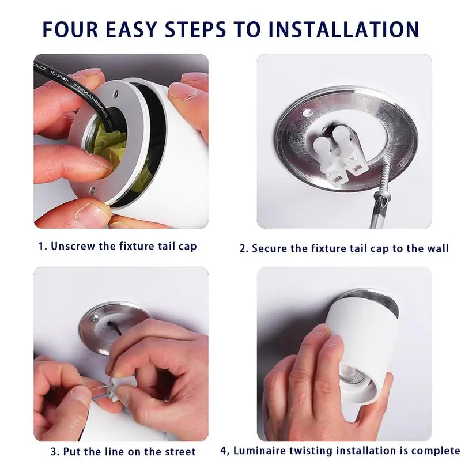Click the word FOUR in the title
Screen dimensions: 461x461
pyautogui.click(x=70, y=29)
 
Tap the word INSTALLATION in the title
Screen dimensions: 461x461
pyautogui.click(x=343, y=29)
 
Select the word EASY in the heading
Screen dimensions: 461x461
pyautogui.click(x=132, y=29)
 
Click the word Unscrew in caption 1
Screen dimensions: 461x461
pyautogui.click(x=74, y=246)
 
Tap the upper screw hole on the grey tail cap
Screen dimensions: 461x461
pyautogui.click(x=116, y=94)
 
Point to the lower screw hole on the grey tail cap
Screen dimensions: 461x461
pyautogui.click(x=92, y=190)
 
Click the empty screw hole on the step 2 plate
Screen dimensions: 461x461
pyautogui.click(x=307, y=112)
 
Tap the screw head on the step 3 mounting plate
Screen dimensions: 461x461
pyautogui.click(x=95, y=318)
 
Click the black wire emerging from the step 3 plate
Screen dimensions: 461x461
pyautogui.click(x=115, y=328)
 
